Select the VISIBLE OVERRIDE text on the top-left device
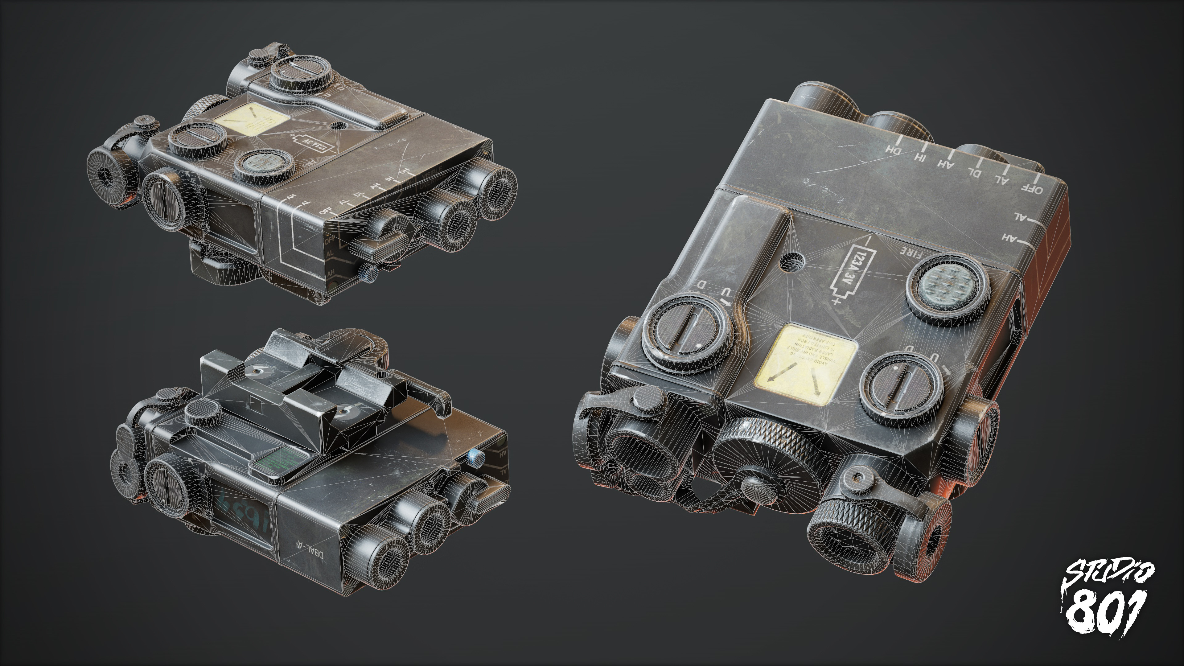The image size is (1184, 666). [430, 177]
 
